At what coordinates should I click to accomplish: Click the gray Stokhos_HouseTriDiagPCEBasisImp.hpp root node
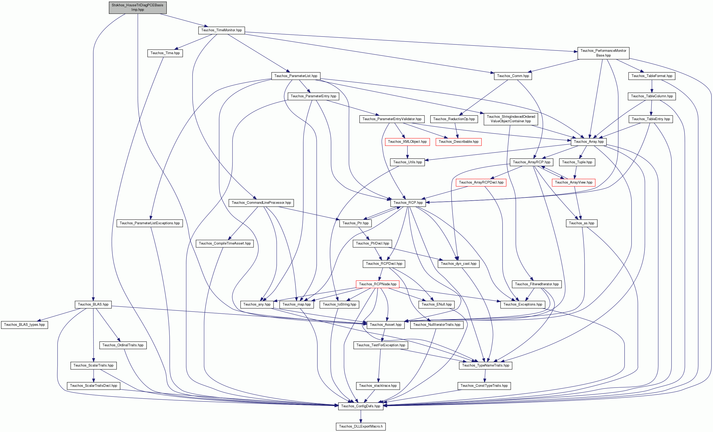point(138,7)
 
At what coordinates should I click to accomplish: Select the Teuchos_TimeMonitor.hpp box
point(221,30)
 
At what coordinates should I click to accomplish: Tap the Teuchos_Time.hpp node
point(165,53)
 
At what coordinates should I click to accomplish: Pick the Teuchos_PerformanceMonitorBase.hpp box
point(603,53)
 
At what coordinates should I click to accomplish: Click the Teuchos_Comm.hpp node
point(513,76)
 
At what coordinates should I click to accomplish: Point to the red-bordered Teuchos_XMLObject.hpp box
point(407,142)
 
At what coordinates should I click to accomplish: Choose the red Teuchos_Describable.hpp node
point(458,142)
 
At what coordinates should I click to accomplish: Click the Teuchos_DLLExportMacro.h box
point(361,426)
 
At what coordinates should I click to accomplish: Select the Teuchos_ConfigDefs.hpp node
point(361,406)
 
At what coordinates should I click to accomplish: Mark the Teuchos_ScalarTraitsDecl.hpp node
point(93,386)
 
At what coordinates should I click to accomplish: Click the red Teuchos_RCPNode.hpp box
point(378,284)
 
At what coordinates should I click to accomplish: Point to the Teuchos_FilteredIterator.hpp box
point(537,284)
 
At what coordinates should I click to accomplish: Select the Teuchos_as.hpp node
point(581,223)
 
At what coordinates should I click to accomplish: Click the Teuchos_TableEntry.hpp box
point(651,119)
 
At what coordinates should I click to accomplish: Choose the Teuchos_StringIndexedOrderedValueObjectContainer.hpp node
point(511,119)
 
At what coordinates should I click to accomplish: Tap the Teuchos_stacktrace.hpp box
point(378,386)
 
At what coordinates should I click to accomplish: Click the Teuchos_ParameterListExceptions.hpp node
point(150,223)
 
